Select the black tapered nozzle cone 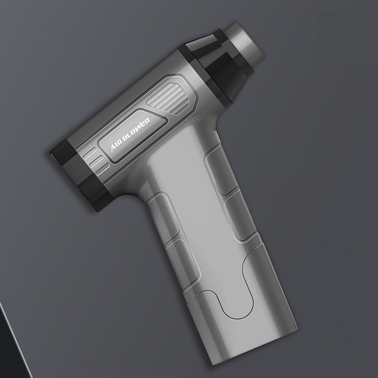tap(223, 70)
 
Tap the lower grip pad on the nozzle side tap(240, 219)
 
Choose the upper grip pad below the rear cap tap(163, 215)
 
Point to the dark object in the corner tap(11, 348)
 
